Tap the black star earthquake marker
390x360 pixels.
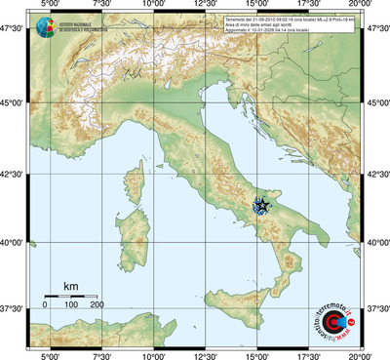[x=260, y=205]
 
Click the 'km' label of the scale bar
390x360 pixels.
[x=70, y=286]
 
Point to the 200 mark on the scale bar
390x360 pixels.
[x=97, y=305]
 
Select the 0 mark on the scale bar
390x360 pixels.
[x=45, y=305]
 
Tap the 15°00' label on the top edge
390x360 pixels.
[x=257, y=6]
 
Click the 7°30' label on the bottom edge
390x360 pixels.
[x=99, y=354]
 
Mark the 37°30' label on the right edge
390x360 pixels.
[x=377, y=308]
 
